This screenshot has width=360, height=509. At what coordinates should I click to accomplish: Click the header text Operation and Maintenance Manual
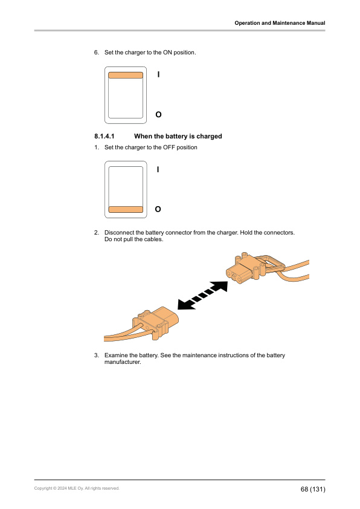click(x=280, y=23)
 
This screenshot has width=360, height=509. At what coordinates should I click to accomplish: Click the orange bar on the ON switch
click(x=126, y=76)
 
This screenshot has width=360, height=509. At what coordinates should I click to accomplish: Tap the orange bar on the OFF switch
click(x=126, y=209)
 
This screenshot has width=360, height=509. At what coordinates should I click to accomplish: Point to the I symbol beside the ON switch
click(x=158, y=74)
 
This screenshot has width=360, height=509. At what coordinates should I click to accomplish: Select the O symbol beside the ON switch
click(x=158, y=114)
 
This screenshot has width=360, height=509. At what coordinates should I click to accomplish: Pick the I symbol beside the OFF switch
click(x=158, y=170)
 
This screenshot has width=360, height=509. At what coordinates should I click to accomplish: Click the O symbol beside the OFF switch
click(x=158, y=209)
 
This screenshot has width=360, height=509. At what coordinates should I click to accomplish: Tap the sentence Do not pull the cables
click(x=133, y=239)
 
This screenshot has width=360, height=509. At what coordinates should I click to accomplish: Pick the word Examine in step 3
click(x=117, y=355)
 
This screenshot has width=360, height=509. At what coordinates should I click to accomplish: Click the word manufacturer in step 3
click(x=123, y=362)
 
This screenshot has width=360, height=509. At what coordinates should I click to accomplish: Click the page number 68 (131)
click(x=313, y=488)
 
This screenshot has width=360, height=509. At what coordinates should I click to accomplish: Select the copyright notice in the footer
click(x=77, y=488)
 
